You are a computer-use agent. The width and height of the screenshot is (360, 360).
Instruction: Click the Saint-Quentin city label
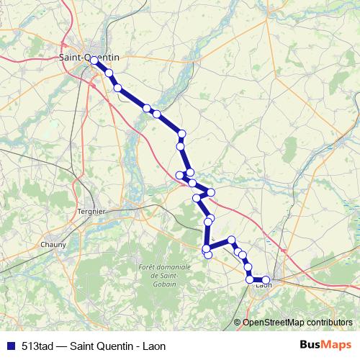89,57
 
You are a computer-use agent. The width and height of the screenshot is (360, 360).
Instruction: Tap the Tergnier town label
91,212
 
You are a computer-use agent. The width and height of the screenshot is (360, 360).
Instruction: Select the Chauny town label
53,245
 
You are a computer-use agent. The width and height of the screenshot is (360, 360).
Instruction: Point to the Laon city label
264,286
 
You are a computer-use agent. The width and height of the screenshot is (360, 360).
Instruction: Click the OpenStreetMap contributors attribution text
297,322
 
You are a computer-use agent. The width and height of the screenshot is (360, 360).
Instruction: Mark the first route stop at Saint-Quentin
94,60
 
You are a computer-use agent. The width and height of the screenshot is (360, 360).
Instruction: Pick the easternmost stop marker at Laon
266,280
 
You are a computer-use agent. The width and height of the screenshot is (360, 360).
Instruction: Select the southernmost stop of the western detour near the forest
207,255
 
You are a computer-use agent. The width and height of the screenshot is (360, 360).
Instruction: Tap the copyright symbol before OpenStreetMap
237,322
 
